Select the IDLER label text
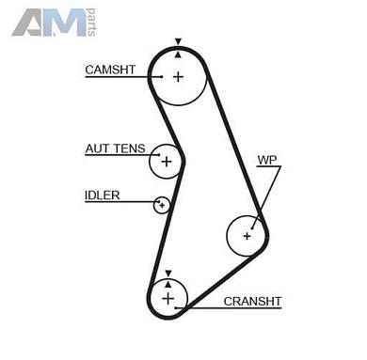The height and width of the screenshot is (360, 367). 102,195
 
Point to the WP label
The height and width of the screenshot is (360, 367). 266,160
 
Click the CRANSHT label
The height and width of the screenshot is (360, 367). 252,302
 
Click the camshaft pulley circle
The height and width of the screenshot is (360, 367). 178,76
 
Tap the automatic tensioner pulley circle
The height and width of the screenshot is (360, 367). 167,162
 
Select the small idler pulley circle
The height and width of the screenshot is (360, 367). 162,204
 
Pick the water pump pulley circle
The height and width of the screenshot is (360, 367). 247,235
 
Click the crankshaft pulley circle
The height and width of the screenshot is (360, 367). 168,299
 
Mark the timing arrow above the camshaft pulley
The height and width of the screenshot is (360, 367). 178,42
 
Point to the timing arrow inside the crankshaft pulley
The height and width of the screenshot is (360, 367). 168,282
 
